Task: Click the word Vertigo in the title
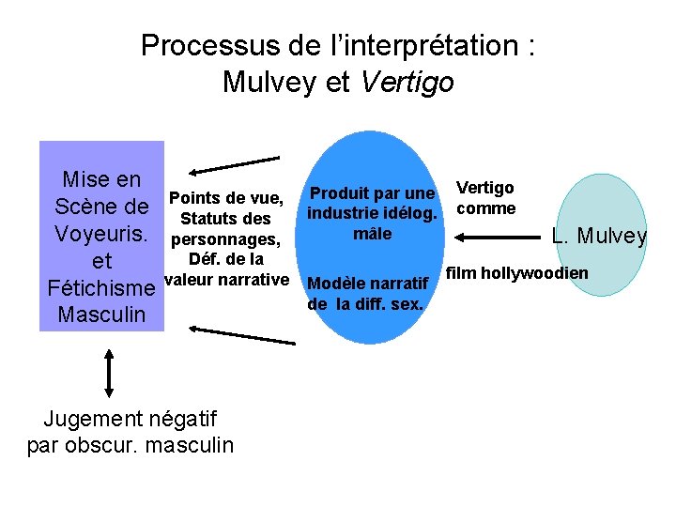click(x=407, y=83)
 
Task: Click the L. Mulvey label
click(x=599, y=236)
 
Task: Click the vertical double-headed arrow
click(x=110, y=373)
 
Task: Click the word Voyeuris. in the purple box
click(x=101, y=233)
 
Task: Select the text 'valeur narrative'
click(x=225, y=279)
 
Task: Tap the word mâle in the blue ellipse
click(x=373, y=234)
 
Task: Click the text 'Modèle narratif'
click(x=368, y=284)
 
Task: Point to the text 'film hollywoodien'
click(x=516, y=273)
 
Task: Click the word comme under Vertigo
click(x=485, y=207)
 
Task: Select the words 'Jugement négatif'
click(x=131, y=419)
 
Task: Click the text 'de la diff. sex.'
click(x=365, y=304)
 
